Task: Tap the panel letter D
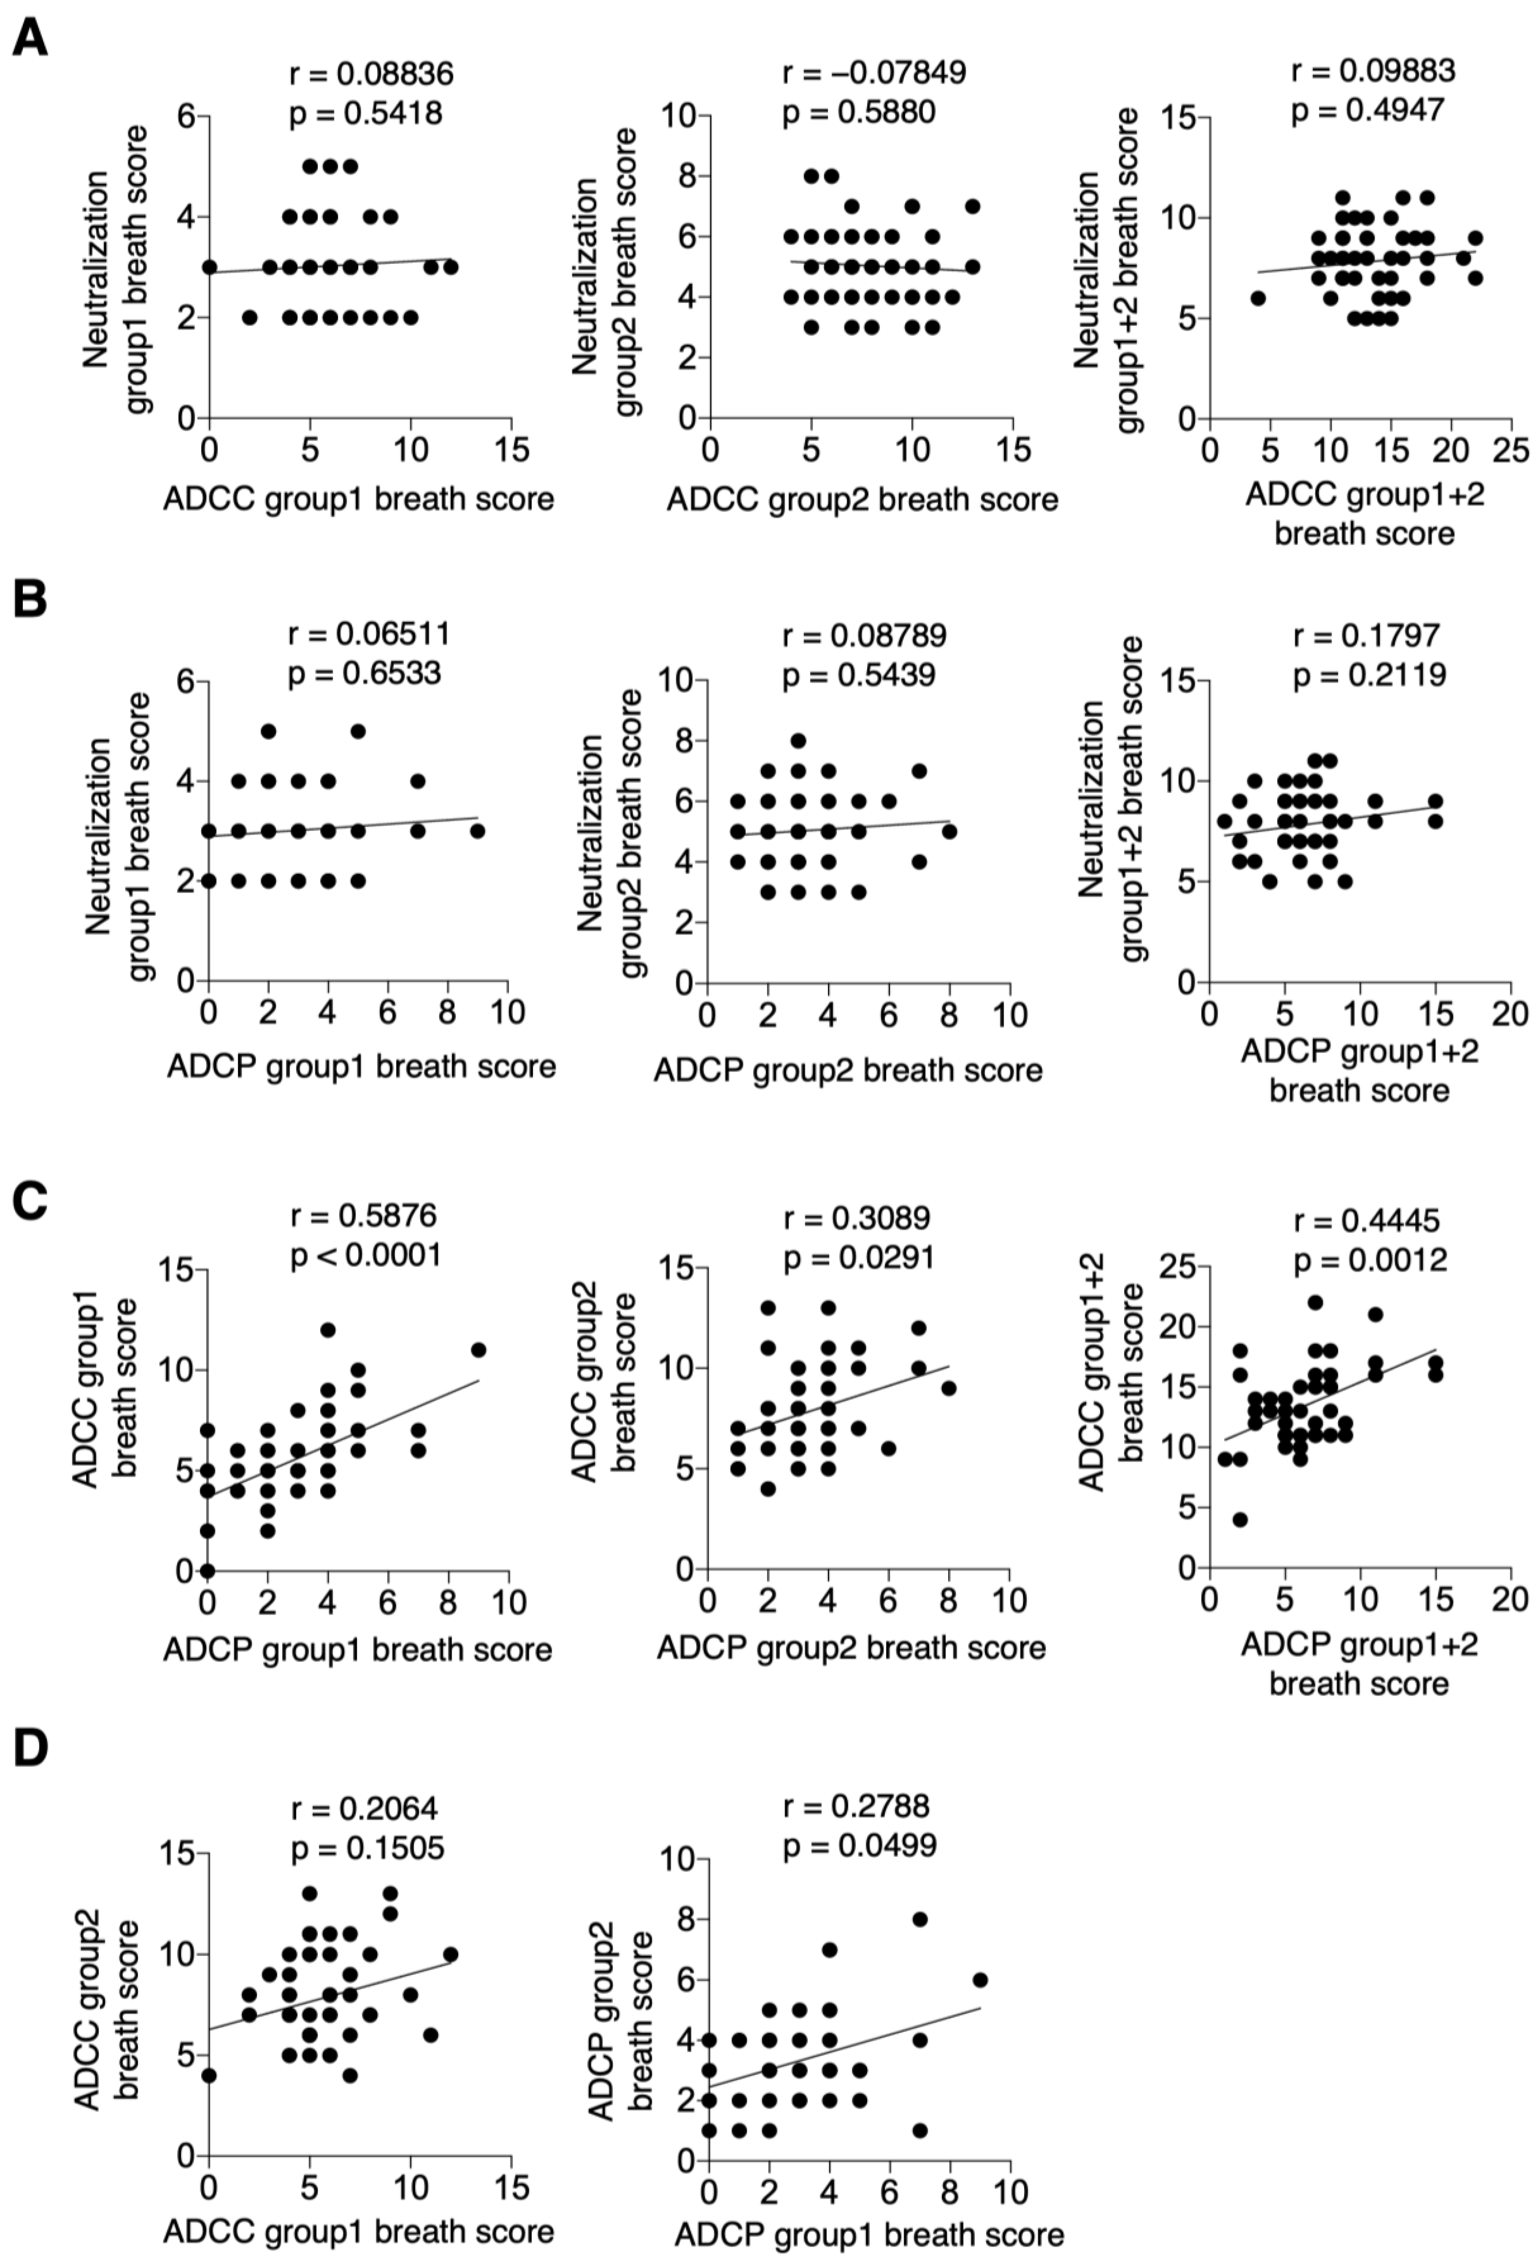click(x=31, y=1748)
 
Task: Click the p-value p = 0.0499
click(x=859, y=1845)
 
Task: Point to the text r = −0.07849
click(x=874, y=72)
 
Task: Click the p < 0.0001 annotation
click(x=366, y=1255)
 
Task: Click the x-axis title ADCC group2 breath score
click(x=861, y=500)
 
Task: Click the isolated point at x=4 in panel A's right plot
click(x=1258, y=298)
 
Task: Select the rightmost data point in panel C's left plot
click(x=478, y=1350)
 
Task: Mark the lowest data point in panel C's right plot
click(x=1239, y=1519)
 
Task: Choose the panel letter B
click(x=31, y=599)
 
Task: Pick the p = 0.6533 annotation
click(x=365, y=674)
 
